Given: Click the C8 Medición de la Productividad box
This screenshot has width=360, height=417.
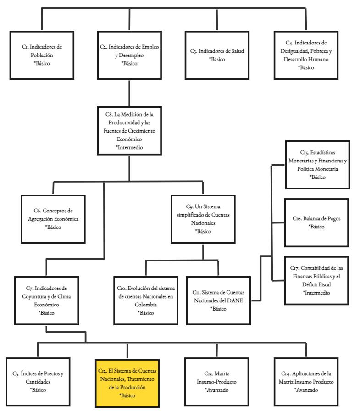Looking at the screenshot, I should [129, 131].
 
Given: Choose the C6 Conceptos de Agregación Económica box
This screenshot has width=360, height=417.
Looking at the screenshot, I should [53, 219].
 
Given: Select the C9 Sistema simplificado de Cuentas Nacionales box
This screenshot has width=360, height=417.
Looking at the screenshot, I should [203, 219].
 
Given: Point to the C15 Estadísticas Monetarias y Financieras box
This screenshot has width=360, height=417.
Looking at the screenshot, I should [317, 164].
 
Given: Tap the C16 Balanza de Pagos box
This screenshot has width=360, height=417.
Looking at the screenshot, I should [316, 222].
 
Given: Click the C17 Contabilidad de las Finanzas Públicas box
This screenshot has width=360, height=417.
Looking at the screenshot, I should [316, 280].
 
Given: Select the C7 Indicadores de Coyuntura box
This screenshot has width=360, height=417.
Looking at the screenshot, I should [46, 300].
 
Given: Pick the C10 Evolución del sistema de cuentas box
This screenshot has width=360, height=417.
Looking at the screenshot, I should [145, 300].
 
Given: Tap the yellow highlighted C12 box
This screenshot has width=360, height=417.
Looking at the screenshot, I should [127, 383].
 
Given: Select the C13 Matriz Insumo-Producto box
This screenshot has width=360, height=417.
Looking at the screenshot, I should [217, 382].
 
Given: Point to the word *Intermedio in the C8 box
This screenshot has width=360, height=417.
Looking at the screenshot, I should [129, 148].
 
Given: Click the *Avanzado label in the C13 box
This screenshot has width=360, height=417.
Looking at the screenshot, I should [216, 390].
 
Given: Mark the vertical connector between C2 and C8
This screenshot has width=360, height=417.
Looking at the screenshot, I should [129, 92].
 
